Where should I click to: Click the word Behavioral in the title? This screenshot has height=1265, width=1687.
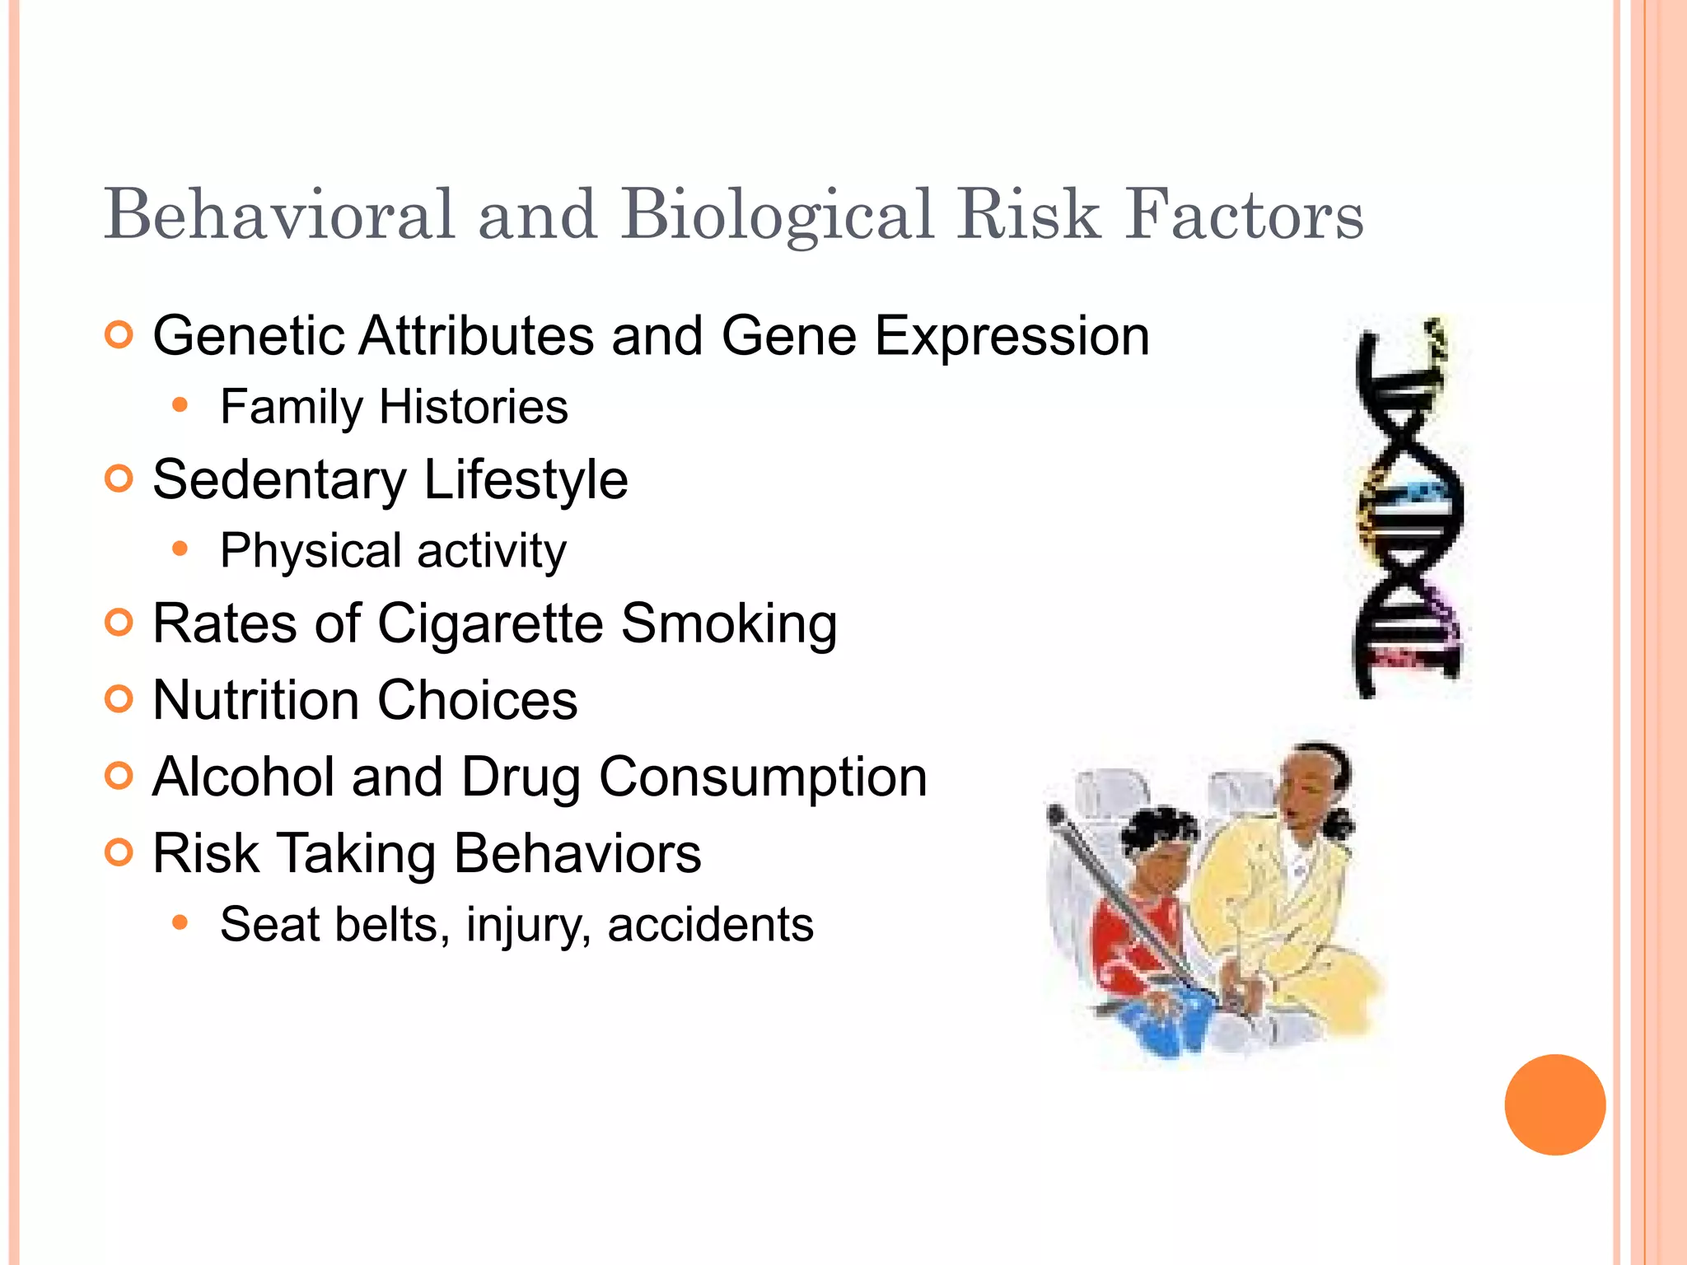tap(280, 215)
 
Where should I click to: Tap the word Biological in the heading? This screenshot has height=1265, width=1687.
tap(778, 217)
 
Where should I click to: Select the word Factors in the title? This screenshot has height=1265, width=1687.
tap(1245, 215)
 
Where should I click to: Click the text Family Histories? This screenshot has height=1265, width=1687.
tap(394, 407)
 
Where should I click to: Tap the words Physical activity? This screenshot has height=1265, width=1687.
tap(393, 551)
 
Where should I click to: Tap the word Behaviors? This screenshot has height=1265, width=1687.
tap(577, 853)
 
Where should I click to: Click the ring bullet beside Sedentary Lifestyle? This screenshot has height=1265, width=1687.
tap(119, 478)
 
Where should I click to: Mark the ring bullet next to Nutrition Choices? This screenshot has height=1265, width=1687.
tap(119, 699)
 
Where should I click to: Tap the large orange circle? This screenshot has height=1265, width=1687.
tap(1554, 1104)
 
